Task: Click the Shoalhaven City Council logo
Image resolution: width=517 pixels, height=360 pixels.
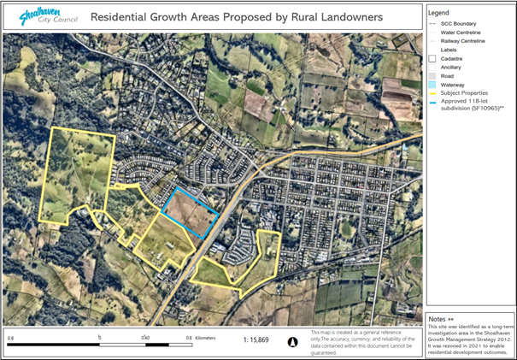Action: click(x=43, y=15)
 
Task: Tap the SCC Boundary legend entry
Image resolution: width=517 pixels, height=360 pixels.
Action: click(x=462, y=23)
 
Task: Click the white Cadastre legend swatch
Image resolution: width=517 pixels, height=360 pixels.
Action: click(x=433, y=58)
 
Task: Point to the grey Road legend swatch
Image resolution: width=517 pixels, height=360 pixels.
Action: click(x=433, y=76)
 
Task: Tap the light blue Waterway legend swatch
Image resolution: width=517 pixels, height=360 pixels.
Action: click(x=433, y=85)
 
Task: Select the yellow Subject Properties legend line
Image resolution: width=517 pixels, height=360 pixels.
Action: click(x=433, y=93)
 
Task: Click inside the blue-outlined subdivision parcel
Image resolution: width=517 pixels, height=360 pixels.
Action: click(x=191, y=212)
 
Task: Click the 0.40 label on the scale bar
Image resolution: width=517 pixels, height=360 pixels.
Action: click(x=147, y=339)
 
